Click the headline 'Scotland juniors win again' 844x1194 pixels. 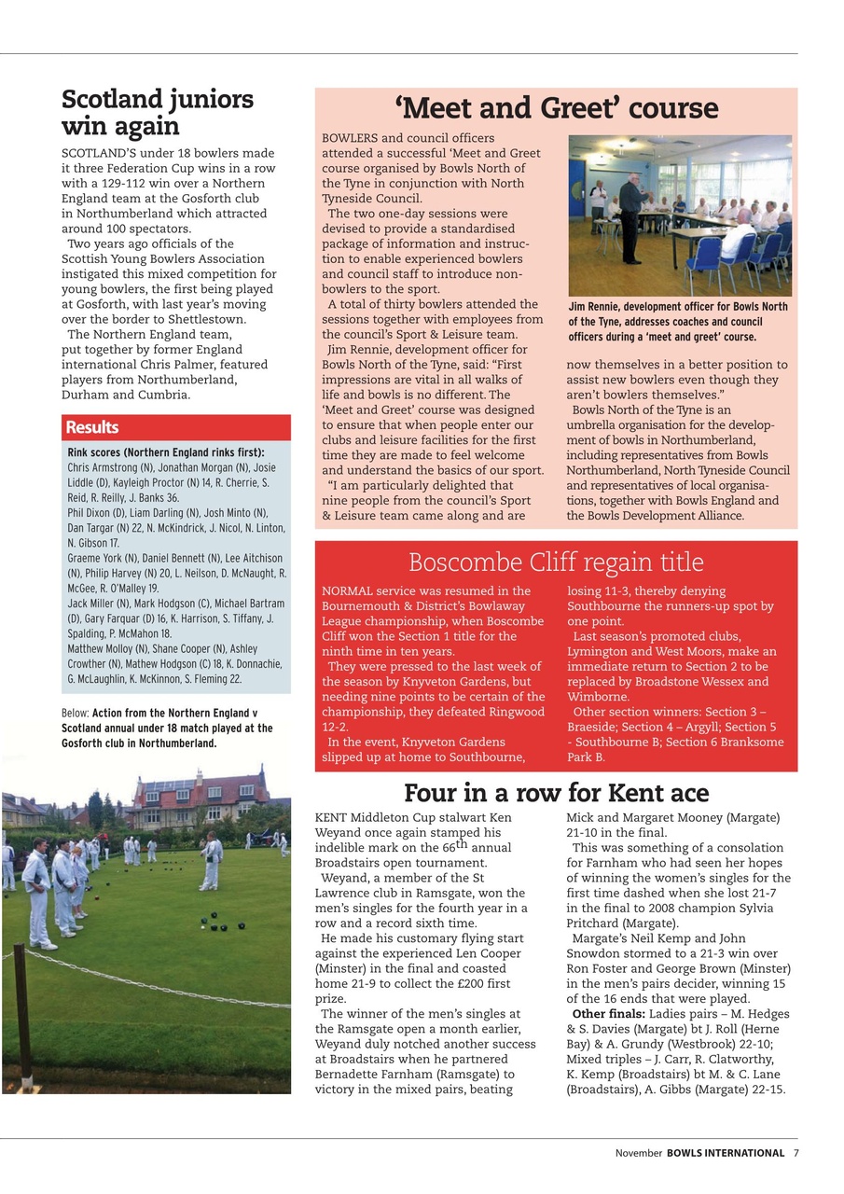pyautogui.click(x=157, y=113)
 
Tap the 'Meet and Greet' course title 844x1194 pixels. pyautogui.click(x=556, y=108)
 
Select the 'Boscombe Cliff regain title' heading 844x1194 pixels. pyautogui.click(x=556, y=562)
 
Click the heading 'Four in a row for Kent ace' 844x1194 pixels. pyautogui.click(x=556, y=793)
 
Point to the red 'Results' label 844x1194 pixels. pyautogui.click(x=91, y=427)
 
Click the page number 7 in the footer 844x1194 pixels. pyautogui.click(x=796, y=1153)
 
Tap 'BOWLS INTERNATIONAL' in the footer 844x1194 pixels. pyautogui.click(x=725, y=1153)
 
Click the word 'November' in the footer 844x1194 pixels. pyautogui.click(x=638, y=1153)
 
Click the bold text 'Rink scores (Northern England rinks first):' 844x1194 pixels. pyautogui.click(x=165, y=452)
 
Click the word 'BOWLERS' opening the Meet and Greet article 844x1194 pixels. pyautogui.click(x=350, y=138)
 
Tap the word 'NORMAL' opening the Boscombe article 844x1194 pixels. pyautogui.click(x=347, y=591)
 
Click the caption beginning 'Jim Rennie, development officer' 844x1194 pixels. pyautogui.click(x=678, y=322)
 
